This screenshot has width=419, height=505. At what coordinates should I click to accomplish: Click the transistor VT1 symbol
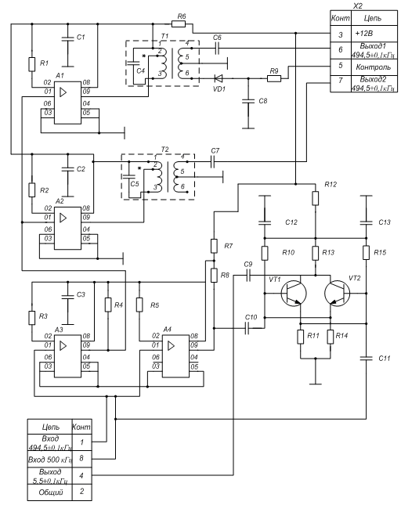click(x=294, y=294)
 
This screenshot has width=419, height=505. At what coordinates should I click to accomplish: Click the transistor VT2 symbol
click(x=338, y=294)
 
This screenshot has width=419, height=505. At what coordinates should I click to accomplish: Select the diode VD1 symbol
click(x=219, y=78)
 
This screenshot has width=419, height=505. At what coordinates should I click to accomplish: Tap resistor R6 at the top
click(x=179, y=23)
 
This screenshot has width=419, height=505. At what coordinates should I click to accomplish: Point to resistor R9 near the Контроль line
click(x=274, y=78)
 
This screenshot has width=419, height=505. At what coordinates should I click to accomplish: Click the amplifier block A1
click(x=67, y=103)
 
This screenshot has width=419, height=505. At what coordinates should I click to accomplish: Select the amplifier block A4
click(x=175, y=356)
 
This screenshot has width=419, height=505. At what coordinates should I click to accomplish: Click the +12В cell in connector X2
click(x=374, y=34)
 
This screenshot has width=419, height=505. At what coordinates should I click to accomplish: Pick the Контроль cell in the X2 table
click(x=374, y=67)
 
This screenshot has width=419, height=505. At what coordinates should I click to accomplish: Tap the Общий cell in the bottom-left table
click(x=50, y=492)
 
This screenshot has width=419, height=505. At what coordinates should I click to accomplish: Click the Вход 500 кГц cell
click(x=50, y=459)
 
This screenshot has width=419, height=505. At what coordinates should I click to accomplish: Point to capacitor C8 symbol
click(x=248, y=101)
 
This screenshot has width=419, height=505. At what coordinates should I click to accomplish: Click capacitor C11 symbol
click(x=367, y=358)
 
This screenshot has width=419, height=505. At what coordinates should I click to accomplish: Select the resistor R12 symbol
click(x=316, y=198)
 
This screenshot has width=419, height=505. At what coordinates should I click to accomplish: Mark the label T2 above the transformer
click(x=164, y=150)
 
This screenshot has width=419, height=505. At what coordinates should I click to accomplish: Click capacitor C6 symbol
click(x=217, y=49)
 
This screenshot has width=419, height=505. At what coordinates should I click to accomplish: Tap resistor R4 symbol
click(x=108, y=305)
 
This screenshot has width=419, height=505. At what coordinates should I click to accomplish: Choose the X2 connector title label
click(x=357, y=5)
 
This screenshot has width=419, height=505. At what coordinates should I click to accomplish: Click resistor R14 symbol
click(x=331, y=337)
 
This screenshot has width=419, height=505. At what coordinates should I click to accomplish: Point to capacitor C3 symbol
click(x=67, y=296)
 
